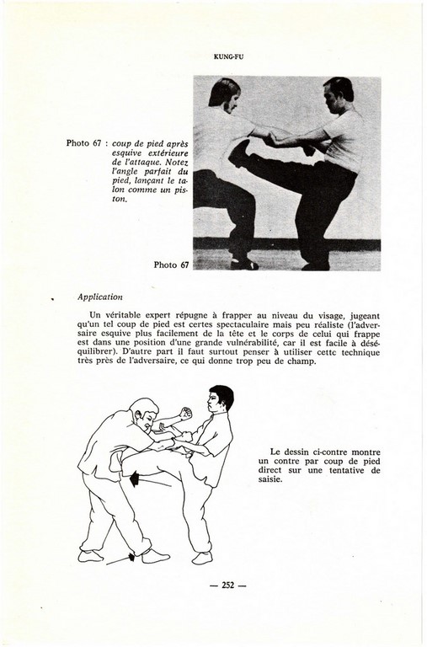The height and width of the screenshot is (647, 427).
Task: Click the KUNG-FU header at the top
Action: tap(229, 57)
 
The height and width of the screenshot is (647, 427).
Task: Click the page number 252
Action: tap(227, 585)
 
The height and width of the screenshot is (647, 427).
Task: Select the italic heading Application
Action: tap(100, 297)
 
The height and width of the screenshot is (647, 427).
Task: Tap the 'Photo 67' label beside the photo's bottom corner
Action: tap(171, 265)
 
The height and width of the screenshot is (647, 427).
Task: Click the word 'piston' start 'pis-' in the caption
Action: tap(180, 190)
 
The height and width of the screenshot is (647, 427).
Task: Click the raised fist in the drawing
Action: tap(185, 413)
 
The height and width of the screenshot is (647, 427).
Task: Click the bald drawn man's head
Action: tap(144, 412)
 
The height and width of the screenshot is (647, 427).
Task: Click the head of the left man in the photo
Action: tap(224, 95)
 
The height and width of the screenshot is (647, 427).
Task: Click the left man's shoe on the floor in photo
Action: tap(244, 264)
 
